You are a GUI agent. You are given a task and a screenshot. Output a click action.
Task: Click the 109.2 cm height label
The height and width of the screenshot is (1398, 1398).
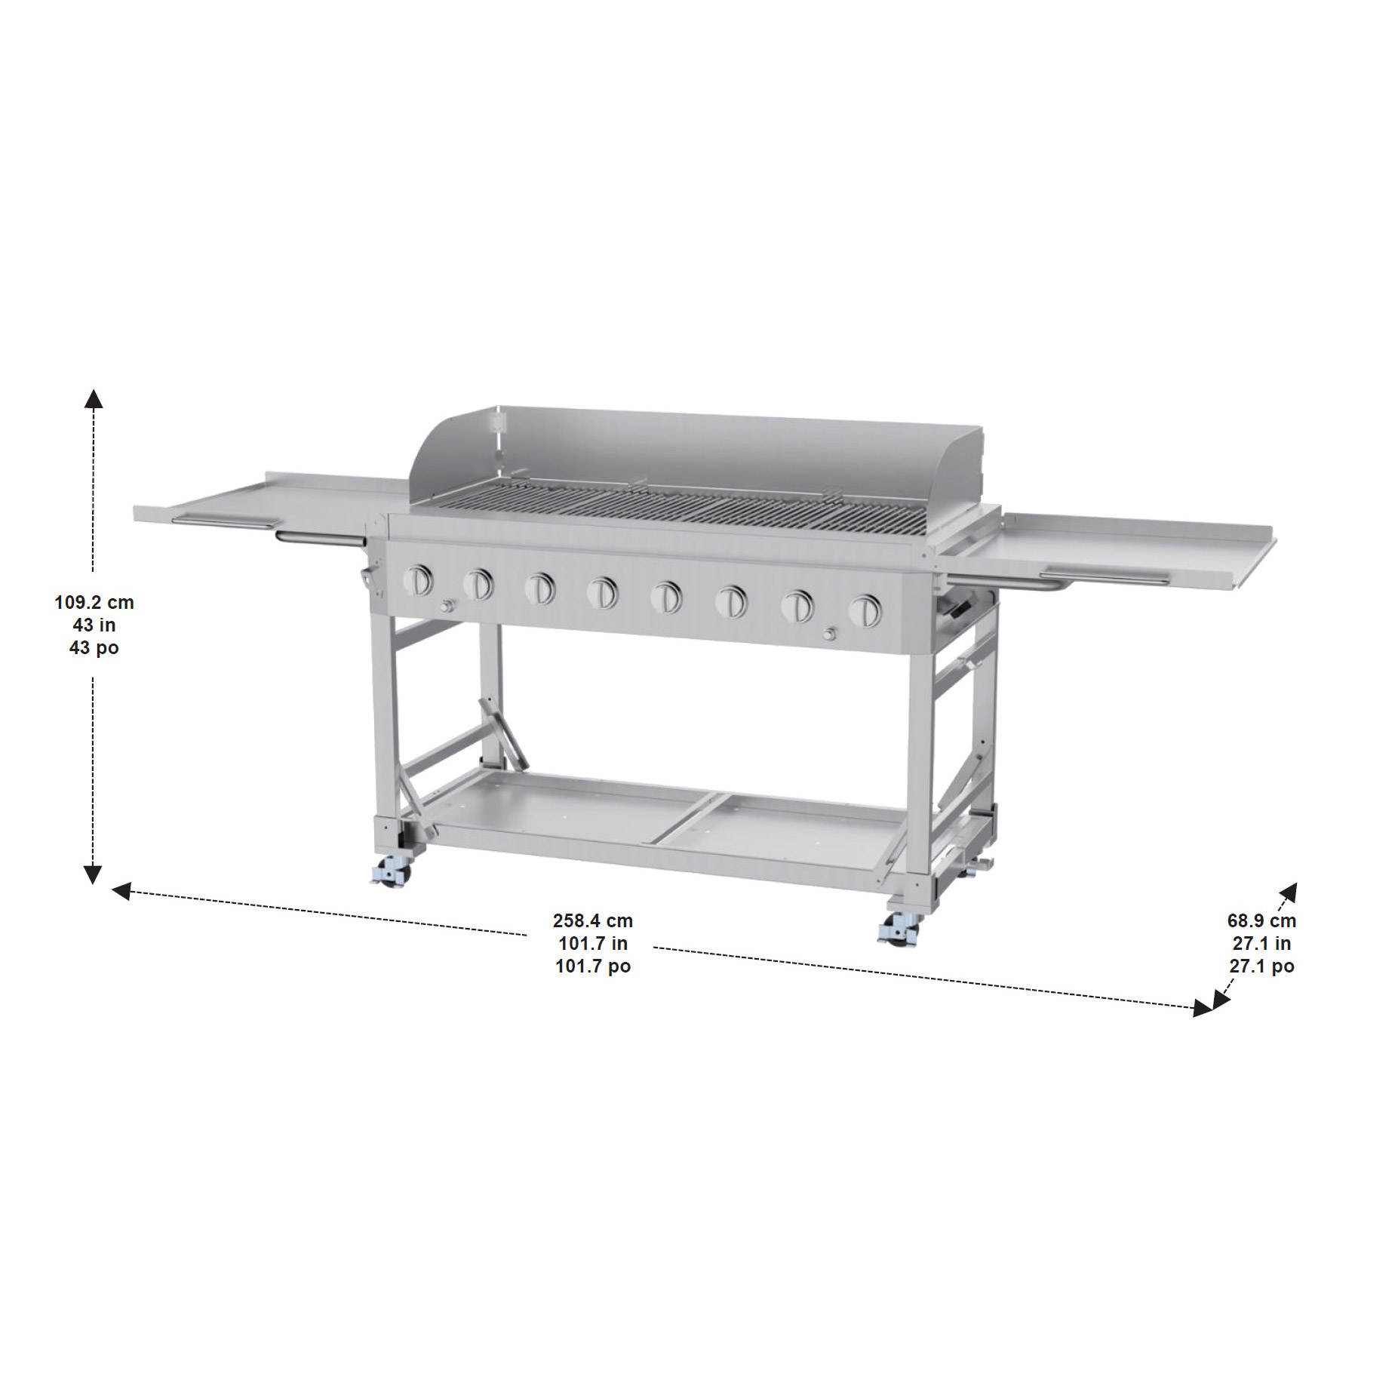coord(94,602)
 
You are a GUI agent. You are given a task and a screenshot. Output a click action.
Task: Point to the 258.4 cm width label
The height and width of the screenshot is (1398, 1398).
coord(593,920)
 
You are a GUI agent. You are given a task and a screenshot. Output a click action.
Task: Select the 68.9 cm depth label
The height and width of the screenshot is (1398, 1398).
coord(1261,920)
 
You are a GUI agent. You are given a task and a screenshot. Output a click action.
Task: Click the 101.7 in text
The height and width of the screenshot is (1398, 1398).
coord(593,943)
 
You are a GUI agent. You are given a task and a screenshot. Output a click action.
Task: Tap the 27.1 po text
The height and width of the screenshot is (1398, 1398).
coord(1261,966)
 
